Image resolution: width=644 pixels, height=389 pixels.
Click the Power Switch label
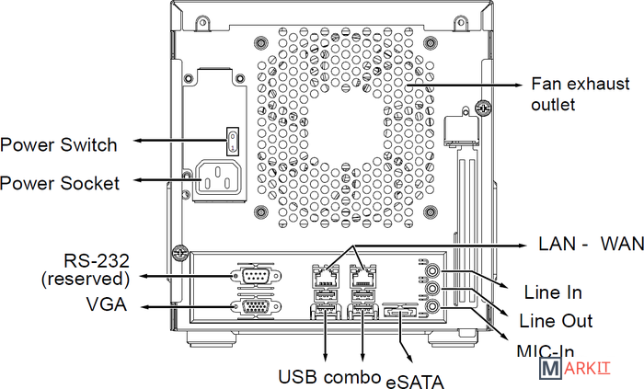(59, 144)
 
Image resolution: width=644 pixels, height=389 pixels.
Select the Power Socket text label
(60, 183)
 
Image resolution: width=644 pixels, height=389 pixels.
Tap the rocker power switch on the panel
(234, 142)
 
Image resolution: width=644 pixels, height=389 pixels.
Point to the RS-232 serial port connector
(252, 275)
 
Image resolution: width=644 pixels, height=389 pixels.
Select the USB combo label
(329, 377)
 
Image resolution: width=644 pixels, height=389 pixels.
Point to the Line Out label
(556, 321)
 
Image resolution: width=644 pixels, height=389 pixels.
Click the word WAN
(623, 245)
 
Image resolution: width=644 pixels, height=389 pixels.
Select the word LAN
(556, 245)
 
